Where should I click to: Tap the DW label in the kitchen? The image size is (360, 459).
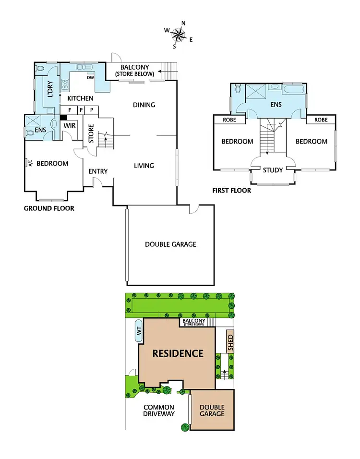coord(90,77)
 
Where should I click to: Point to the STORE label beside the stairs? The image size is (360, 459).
coord(91,134)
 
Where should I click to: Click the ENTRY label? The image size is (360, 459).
coord(98,171)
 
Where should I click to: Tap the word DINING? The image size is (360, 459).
coord(144,105)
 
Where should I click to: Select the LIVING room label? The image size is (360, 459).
coord(144,166)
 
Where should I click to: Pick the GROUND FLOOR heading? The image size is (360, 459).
coord(49,208)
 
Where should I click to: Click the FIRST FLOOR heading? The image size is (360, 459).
coord(231,191)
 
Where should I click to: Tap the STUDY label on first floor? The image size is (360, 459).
coord(273,170)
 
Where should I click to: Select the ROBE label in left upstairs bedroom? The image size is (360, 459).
coord(230,120)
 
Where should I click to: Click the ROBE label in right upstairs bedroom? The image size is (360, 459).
coord(320,120)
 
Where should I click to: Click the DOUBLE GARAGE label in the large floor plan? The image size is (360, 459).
coord(170,244)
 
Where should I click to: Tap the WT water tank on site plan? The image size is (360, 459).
coord(138,331)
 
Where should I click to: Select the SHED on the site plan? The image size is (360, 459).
coord(230,341)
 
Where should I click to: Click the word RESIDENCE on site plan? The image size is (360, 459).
coord(178,354)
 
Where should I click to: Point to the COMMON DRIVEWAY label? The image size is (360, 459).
coord(159,411)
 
